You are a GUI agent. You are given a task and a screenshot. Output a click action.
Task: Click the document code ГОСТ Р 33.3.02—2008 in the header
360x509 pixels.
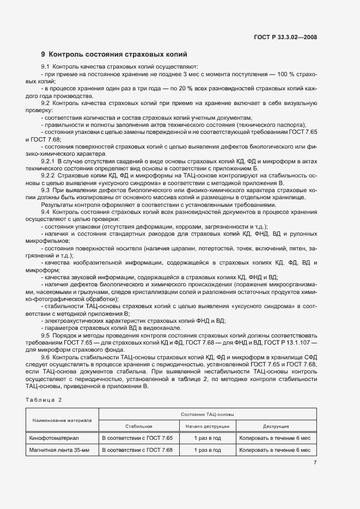pyautogui.click(x=285, y=37)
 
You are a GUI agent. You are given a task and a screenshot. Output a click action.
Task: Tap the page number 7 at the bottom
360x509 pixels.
pyautogui.click(x=315, y=463)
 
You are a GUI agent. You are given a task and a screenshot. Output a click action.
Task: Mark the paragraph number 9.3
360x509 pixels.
pyautogui.click(x=46, y=189)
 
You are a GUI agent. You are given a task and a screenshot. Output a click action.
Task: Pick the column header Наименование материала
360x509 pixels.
pyautogui.click(x=62, y=420)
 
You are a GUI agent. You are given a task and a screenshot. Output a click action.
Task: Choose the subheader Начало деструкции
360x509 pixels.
pyautogui.click(x=207, y=426)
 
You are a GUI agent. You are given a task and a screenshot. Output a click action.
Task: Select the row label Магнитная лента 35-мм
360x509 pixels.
pyautogui.click(x=58, y=450)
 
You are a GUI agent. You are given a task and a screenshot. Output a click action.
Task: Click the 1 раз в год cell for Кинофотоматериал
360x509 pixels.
pyautogui.click(x=207, y=438)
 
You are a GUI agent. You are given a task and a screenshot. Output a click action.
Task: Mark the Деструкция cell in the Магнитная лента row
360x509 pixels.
pyautogui.click(x=274, y=450)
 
